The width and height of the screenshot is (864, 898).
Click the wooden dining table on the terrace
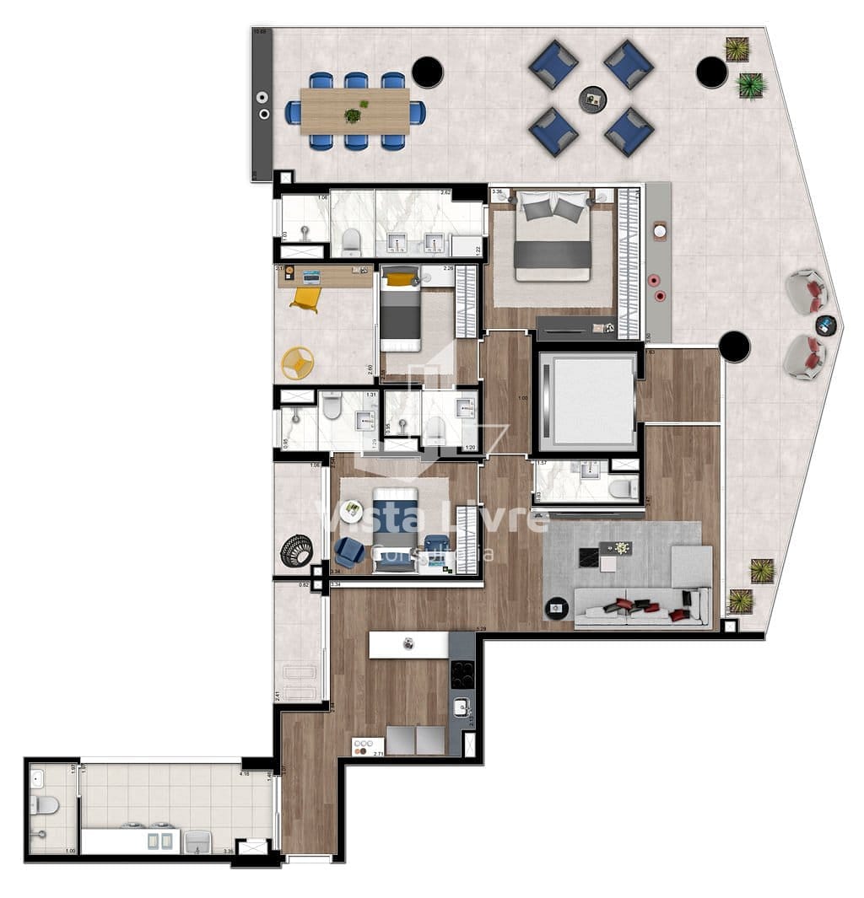[x=355, y=110]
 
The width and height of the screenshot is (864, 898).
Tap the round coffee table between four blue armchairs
[x=592, y=99]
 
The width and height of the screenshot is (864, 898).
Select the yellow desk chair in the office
[x=305, y=298]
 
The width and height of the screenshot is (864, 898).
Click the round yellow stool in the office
[x=297, y=363]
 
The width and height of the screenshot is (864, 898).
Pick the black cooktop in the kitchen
[x=462, y=673]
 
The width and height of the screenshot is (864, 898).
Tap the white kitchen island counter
[x=408, y=645]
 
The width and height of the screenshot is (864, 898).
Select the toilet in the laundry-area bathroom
[x=44, y=805]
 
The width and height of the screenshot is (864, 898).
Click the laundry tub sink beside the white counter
[x=197, y=841]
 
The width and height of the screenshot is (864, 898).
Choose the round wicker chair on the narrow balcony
[x=296, y=551]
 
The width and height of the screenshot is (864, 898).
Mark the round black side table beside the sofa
[x=556, y=606]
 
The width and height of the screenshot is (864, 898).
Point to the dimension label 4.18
[x=245, y=772]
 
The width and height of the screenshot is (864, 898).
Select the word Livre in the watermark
[x=505, y=518]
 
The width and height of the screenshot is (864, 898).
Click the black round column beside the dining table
[x=428, y=73]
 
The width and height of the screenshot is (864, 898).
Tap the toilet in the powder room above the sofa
[x=623, y=488]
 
